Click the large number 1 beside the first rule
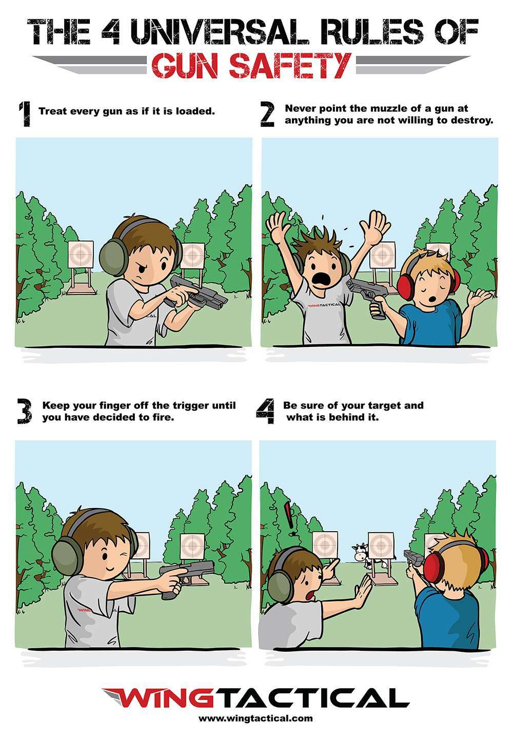pyautogui.click(x=25, y=114)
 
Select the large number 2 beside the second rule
pyautogui.click(x=267, y=114)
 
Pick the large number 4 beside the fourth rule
pyautogui.click(x=265, y=411)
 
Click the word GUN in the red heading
pyautogui.click(x=186, y=66)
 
